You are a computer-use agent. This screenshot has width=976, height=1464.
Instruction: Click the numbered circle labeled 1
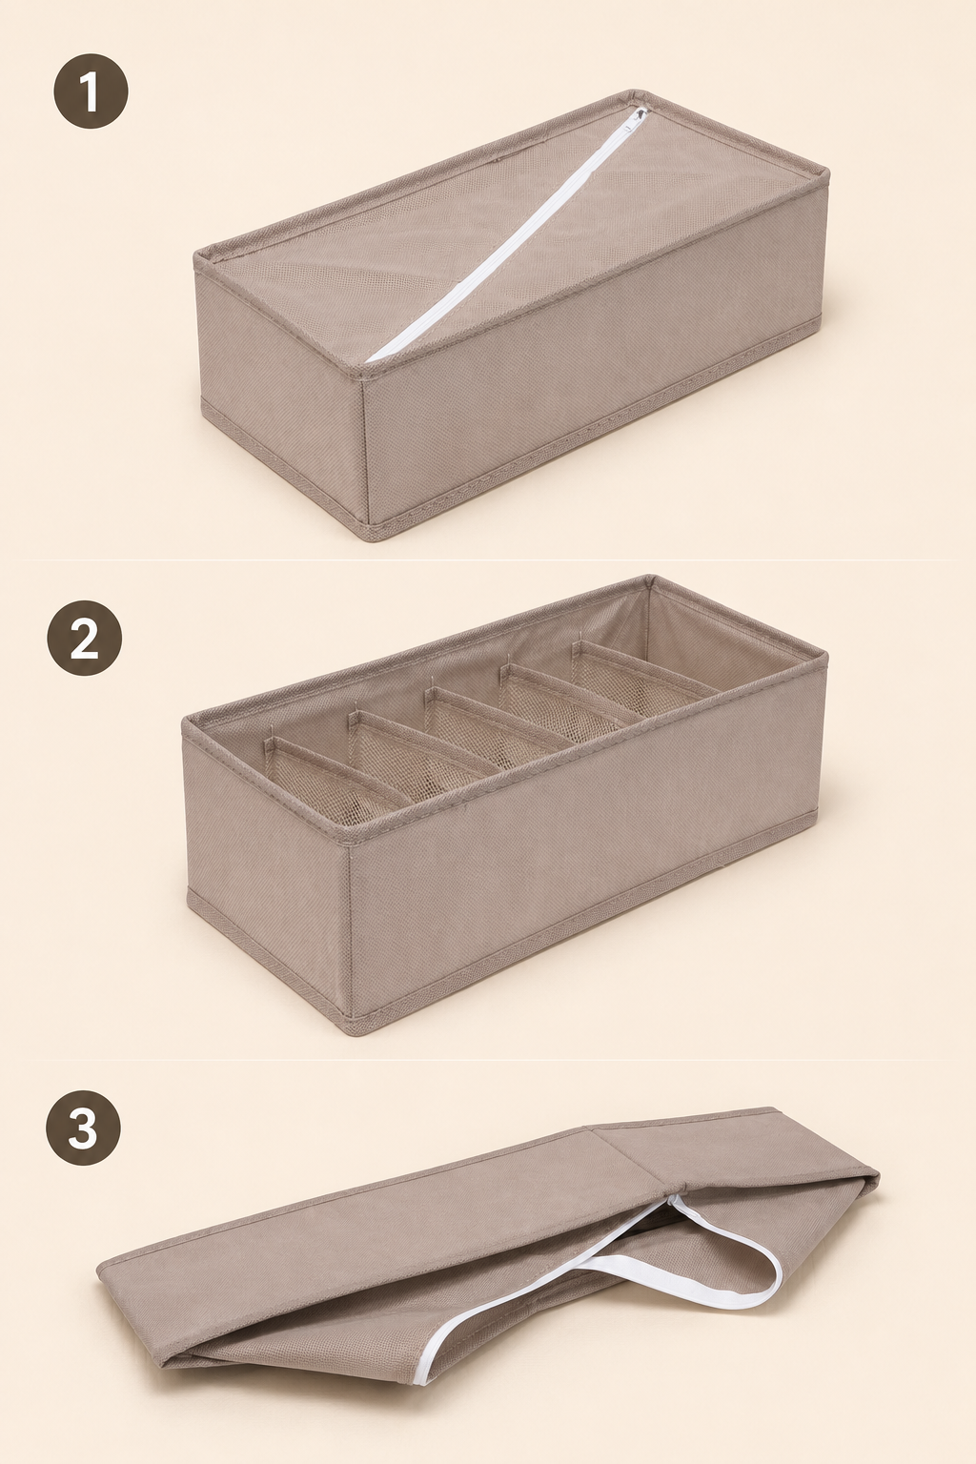coord(91,91)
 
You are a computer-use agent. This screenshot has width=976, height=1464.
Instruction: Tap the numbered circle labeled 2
coord(84,638)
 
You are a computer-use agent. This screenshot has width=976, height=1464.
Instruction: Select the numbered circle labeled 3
coord(83,1127)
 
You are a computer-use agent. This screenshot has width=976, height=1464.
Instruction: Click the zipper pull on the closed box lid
coord(640,115)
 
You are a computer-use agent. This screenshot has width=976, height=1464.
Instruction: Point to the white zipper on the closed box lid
coord(503,235)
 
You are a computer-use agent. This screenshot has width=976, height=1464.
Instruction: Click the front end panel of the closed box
coord(281,392)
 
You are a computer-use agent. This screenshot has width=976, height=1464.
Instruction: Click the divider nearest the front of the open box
coord(334,778)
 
